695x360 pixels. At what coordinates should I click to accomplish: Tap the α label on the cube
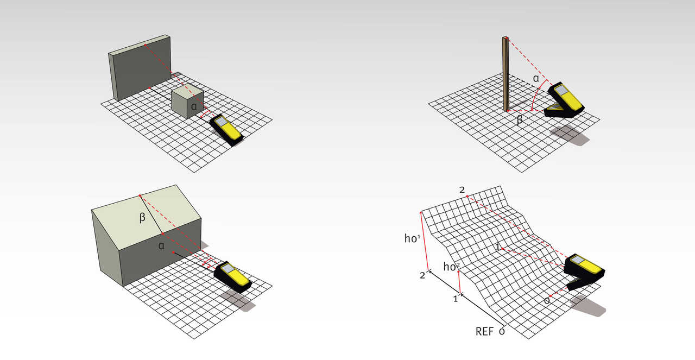(x=194, y=107)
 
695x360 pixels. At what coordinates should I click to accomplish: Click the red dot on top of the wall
(x=145, y=45)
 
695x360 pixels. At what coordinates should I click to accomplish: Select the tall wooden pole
(x=506, y=74)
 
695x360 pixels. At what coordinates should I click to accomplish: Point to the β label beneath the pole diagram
(x=520, y=119)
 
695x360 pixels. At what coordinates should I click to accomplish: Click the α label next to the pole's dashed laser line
(x=536, y=79)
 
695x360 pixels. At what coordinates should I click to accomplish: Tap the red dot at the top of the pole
(x=507, y=38)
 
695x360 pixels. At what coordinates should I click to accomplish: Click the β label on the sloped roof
(x=142, y=218)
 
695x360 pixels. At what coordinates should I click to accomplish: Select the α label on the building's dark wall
(x=161, y=246)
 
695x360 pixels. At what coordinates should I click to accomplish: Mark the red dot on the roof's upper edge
(x=140, y=196)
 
